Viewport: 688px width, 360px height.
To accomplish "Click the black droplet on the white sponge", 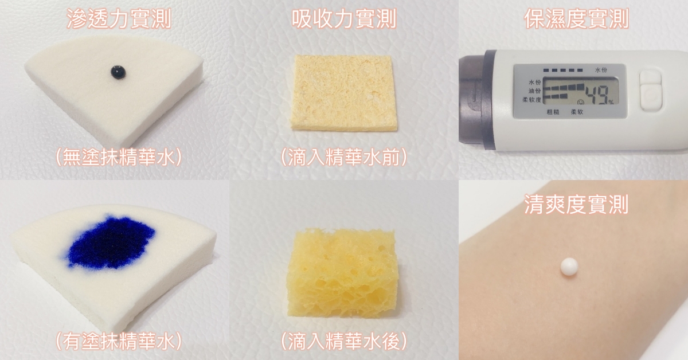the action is [x=118, y=72].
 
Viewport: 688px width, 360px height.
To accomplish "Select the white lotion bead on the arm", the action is [x=569, y=267].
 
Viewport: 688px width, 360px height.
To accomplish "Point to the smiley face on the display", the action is [x=580, y=101].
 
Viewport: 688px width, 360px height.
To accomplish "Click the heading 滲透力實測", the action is [x=119, y=18].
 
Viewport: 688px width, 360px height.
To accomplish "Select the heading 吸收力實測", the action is [x=344, y=18].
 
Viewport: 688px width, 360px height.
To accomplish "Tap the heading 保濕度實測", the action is [x=576, y=18].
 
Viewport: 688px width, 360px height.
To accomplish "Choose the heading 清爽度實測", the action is [x=576, y=204].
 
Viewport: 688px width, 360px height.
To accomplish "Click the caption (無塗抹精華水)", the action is [x=119, y=157].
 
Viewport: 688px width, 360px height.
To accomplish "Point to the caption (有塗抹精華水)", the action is [x=119, y=341].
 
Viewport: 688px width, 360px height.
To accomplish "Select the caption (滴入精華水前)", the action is [x=344, y=157].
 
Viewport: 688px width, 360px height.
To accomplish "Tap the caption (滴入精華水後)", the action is [x=344, y=341].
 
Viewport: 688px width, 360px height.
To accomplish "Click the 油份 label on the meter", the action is [x=534, y=91].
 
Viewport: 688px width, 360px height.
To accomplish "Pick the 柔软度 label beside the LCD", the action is [x=531, y=100].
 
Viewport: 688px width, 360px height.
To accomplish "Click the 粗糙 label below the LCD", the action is [x=553, y=112].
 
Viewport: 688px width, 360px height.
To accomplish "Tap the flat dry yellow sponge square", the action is [x=343, y=93].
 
